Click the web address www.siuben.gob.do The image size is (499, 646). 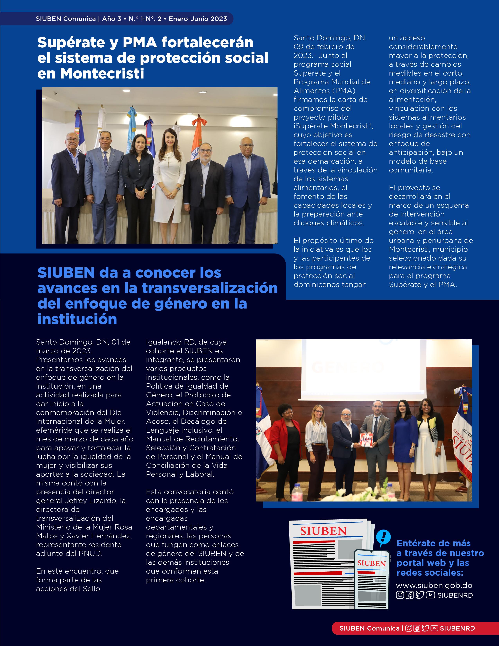(434, 585)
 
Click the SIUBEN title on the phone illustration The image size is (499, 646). (372, 563)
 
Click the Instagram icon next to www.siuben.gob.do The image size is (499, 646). (400, 595)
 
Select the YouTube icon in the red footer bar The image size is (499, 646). (434, 628)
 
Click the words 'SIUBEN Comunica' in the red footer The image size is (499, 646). (369, 628)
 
